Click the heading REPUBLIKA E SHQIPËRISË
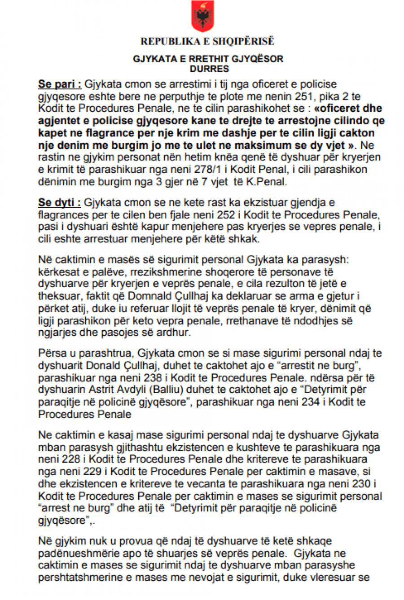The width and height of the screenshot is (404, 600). [207, 42]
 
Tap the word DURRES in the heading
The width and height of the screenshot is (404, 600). [209, 69]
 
